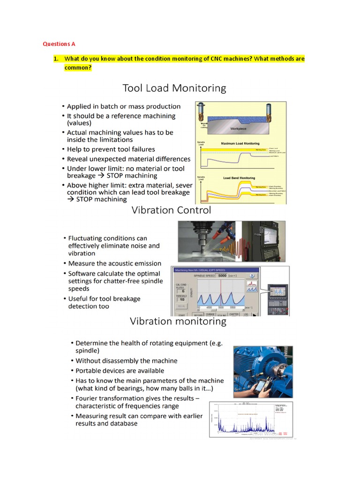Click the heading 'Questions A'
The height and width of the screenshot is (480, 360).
59,44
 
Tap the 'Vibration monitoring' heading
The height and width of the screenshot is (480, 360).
178,322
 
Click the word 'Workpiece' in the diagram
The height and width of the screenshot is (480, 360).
238,128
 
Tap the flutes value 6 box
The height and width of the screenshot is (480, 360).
181,291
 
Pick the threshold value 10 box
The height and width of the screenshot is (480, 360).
181,300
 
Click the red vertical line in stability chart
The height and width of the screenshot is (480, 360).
220,293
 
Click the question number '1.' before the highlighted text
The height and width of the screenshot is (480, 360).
55,59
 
